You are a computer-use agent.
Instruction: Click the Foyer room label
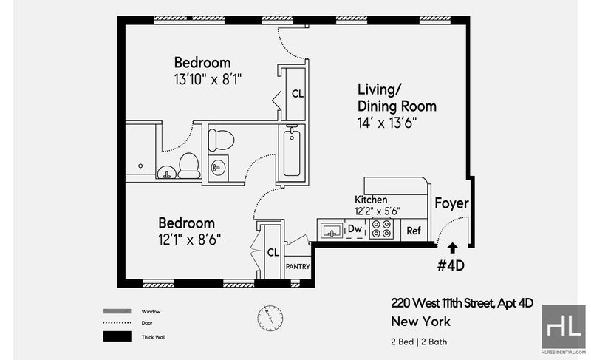point(451,203)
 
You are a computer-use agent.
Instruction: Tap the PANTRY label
point(298,267)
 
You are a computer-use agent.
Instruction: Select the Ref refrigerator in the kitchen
point(414,231)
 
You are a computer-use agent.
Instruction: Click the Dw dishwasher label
point(355,228)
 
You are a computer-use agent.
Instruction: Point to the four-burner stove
point(381,228)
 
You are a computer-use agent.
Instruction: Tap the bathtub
point(292,154)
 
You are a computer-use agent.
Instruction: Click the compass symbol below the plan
point(270,318)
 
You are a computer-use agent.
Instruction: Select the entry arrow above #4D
point(452,248)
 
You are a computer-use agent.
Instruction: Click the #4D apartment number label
point(451,266)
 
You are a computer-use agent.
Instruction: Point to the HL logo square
point(564,327)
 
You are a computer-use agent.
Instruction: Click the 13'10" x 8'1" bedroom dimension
point(208,80)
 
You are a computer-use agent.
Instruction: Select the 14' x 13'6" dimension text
point(387,123)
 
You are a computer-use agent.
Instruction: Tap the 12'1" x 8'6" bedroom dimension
point(190,240)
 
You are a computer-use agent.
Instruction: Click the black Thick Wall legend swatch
point(117,336)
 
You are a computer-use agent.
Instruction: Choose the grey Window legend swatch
point(117,311)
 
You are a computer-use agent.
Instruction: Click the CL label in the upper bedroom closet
point(298,94)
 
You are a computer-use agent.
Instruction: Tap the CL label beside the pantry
point(273,253)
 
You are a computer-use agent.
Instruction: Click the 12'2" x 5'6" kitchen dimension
point(378,211)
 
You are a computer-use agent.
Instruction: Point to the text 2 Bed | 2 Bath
point(419,342)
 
